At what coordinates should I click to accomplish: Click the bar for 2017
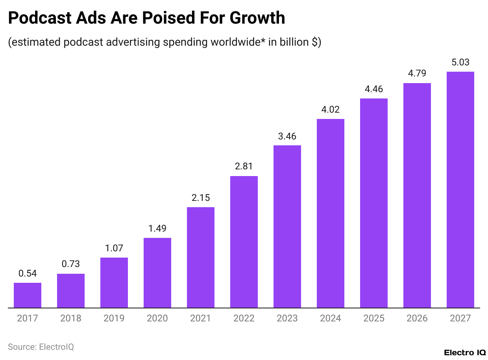[28, 295]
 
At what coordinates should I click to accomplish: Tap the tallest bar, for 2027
[460, 189]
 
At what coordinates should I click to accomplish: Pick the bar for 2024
[331, 213]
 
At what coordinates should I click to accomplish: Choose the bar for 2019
[114, 282]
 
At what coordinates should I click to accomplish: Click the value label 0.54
[28, 273]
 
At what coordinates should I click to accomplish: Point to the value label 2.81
[244, 166]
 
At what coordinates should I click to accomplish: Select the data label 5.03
[460, 62]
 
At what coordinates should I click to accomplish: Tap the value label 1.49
[157, 228]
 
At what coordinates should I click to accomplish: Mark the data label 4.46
[374, 89]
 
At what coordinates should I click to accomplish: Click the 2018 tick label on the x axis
[71, 318]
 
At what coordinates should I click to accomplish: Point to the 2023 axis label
[287, 318]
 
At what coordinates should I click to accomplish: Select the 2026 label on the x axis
[417, 318]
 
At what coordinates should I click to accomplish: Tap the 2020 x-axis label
[157, 318]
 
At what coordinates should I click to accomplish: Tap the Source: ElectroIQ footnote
[41, 347]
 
